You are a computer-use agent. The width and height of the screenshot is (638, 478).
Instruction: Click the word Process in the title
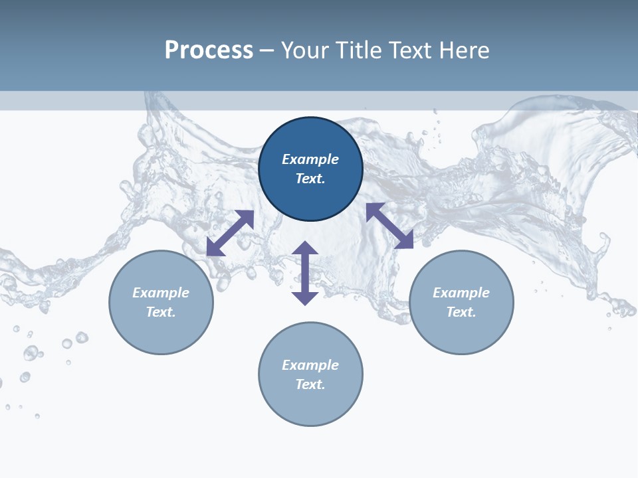[209, 50]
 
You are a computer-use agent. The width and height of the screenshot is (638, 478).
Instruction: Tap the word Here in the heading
[464, 50]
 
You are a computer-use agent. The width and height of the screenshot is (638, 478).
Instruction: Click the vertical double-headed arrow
[305, 273]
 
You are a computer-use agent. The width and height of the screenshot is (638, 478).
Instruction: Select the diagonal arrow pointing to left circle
[230, 233]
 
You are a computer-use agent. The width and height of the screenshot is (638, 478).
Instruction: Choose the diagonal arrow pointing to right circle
[389, 226]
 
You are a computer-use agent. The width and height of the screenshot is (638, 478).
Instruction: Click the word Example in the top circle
[310, 159]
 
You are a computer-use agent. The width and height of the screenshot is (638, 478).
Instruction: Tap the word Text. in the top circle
[310, 179]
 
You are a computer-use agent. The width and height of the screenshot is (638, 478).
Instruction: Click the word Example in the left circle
[161, 293]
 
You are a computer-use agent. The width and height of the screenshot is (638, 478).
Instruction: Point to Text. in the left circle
[161, 312]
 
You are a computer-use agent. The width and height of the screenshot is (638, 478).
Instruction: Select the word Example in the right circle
[461, 293]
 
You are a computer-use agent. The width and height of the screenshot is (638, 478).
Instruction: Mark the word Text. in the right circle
[461, 312]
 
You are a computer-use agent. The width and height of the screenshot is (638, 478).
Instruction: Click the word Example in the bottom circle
[310, 365]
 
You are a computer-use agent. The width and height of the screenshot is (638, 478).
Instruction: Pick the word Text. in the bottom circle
[310, 384]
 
